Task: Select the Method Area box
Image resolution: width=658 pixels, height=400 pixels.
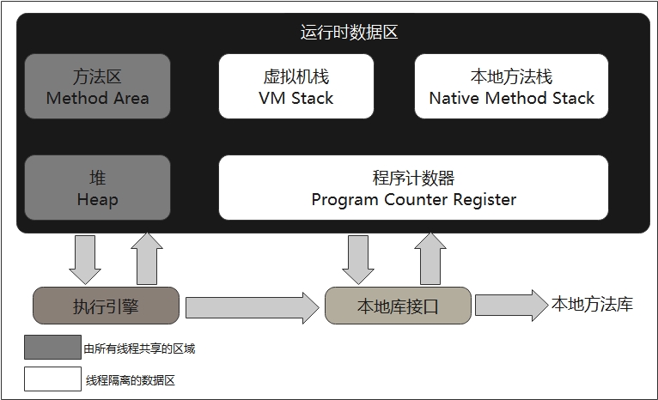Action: (97, 86)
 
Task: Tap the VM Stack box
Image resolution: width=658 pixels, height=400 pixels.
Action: (296, 86)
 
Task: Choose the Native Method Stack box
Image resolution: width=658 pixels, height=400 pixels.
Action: (511, 86)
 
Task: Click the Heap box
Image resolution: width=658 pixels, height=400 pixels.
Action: (97, 187)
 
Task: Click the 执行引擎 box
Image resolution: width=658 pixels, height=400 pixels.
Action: (106, 306)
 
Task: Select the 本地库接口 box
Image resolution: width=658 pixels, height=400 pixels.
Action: (398, 306)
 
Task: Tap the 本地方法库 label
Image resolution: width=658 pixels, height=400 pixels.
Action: (592, 305)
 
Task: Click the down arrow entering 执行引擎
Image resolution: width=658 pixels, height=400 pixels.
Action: (84, 258)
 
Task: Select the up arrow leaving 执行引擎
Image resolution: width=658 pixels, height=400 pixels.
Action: (147, 258)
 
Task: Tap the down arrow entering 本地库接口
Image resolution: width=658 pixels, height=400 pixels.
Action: (358, 258)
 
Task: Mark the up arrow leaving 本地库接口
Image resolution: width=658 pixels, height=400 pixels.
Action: (429, 258)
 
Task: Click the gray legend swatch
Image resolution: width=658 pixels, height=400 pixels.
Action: (52, 348)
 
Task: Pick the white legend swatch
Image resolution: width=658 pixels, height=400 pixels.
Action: (52, 379)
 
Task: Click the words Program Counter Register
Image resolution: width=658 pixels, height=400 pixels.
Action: (413, 200)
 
